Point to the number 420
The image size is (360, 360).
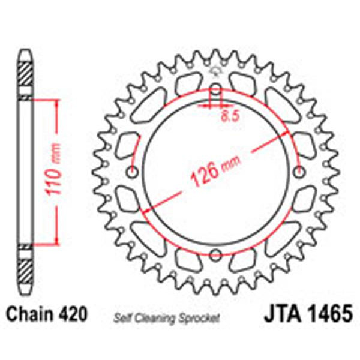(74, 314)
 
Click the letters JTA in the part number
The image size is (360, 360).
(280, 315)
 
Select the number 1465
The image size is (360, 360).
(326, 315)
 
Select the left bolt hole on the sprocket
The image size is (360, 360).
(133, 173)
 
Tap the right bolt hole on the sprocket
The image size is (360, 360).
(299, 173)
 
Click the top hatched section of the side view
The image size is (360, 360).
(24, 75)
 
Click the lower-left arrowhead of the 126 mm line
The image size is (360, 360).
(144, 208)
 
